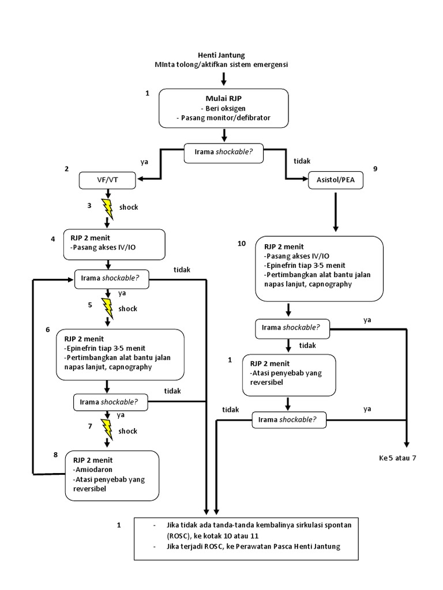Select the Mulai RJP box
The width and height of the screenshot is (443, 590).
click(x=223, y=108)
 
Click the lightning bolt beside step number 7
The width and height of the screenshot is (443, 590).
click(x=108, y=429)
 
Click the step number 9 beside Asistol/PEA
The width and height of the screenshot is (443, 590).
click(x=375, y=169)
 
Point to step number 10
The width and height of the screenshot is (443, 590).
click(x=242, y=244)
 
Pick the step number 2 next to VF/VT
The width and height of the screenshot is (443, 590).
click(x=67, y=169)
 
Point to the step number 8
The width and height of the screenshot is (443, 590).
click(x=55, y=454)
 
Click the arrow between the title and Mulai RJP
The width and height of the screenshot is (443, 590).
click(x=224, y=78)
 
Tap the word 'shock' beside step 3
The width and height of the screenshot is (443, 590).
click(x=129, y=207)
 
